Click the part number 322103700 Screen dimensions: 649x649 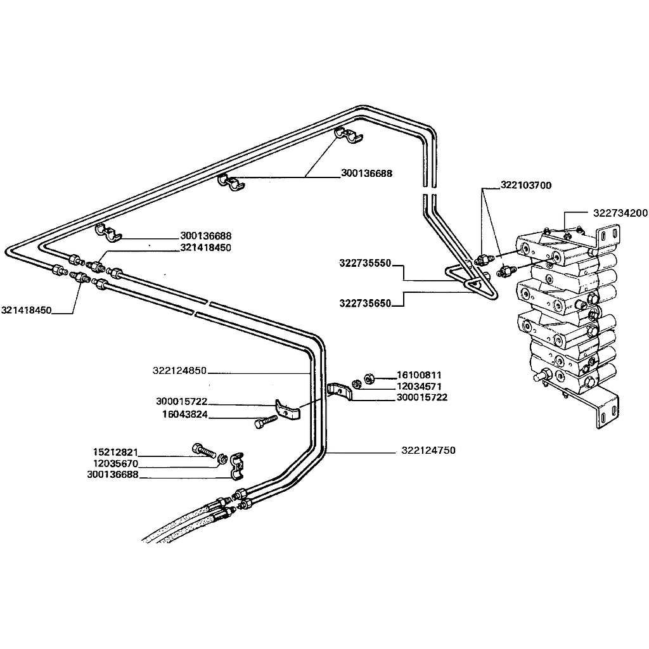[x=526, y=186]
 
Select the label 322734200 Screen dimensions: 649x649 [x=620, y=213]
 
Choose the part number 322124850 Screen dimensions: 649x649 [x=179, y=371]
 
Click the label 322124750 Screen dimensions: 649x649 [x=428, y=451]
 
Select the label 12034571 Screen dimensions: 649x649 [x=419, y=387]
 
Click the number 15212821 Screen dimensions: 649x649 [x=115, y=453]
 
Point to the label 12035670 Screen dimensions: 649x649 [x=115, y=463]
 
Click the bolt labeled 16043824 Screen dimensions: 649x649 [x=266, y=421]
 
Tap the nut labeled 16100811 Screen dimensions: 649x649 [x=370, y=378]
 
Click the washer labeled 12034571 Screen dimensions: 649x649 [x=357, y=383]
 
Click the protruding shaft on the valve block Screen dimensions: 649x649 [x=540, y=378]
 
